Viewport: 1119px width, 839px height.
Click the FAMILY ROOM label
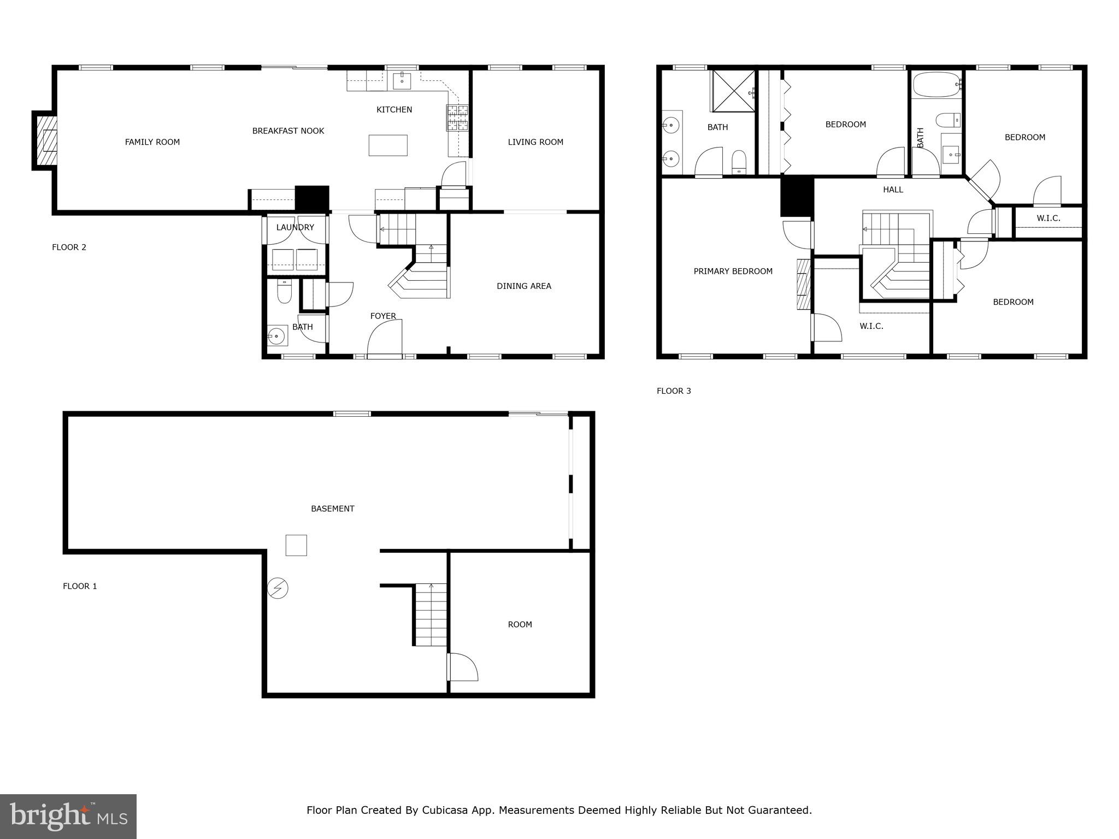point(152,142)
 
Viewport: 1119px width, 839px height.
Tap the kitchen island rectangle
point(388,145)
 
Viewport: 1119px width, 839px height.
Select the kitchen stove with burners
point(458,117)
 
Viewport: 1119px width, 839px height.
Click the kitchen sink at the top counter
point(402,80)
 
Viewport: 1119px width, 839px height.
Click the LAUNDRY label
point(295,227)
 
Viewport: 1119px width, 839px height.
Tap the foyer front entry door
point(385,340)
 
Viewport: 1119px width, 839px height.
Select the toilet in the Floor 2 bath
point(284,292)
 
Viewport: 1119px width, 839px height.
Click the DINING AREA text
point(523,286)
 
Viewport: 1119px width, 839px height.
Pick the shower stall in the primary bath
point(733,91)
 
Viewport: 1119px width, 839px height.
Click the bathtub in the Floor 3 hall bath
point(937,84)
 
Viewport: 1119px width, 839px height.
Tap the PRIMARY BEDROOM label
point(733,271)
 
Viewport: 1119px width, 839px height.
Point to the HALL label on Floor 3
point(893,190)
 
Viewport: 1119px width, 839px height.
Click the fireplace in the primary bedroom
point(802,284)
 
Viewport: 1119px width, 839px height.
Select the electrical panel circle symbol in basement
point(278,588)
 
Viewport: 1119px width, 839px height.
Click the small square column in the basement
point(296,545)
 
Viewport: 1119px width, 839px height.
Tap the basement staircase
point(431,615)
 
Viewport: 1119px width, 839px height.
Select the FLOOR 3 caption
point(674,391)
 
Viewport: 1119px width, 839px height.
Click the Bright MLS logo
point(68,816)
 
